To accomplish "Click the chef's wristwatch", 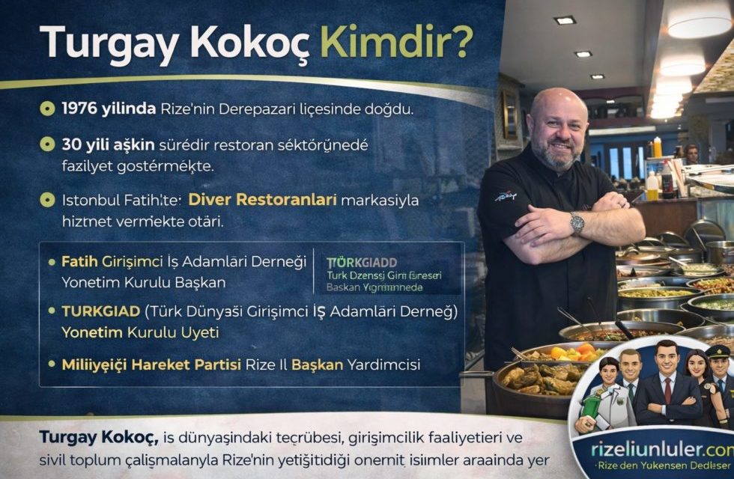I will tap(576, 222).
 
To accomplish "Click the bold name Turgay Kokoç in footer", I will tap(86, 437).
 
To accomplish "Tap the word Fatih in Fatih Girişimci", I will tap(78, 262).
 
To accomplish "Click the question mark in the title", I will tap(461, 43).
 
